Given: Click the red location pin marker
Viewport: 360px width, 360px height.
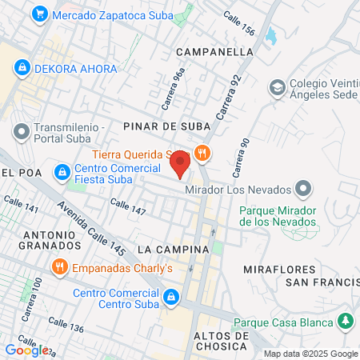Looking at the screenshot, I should click(180, 164).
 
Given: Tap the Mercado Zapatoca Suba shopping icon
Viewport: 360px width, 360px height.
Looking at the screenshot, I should click(38, 14).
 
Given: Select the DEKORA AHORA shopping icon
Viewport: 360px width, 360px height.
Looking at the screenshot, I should click(22, 68).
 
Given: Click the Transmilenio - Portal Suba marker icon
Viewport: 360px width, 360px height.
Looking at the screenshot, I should click(21, 130).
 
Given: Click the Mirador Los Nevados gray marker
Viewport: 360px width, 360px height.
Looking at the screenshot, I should click(303, 190).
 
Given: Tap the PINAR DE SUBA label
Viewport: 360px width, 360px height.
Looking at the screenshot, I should click(166, 126).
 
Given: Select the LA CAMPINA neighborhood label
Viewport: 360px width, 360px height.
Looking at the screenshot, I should click(173, 250).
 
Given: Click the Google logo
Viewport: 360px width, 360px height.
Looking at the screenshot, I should click(26, 350).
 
